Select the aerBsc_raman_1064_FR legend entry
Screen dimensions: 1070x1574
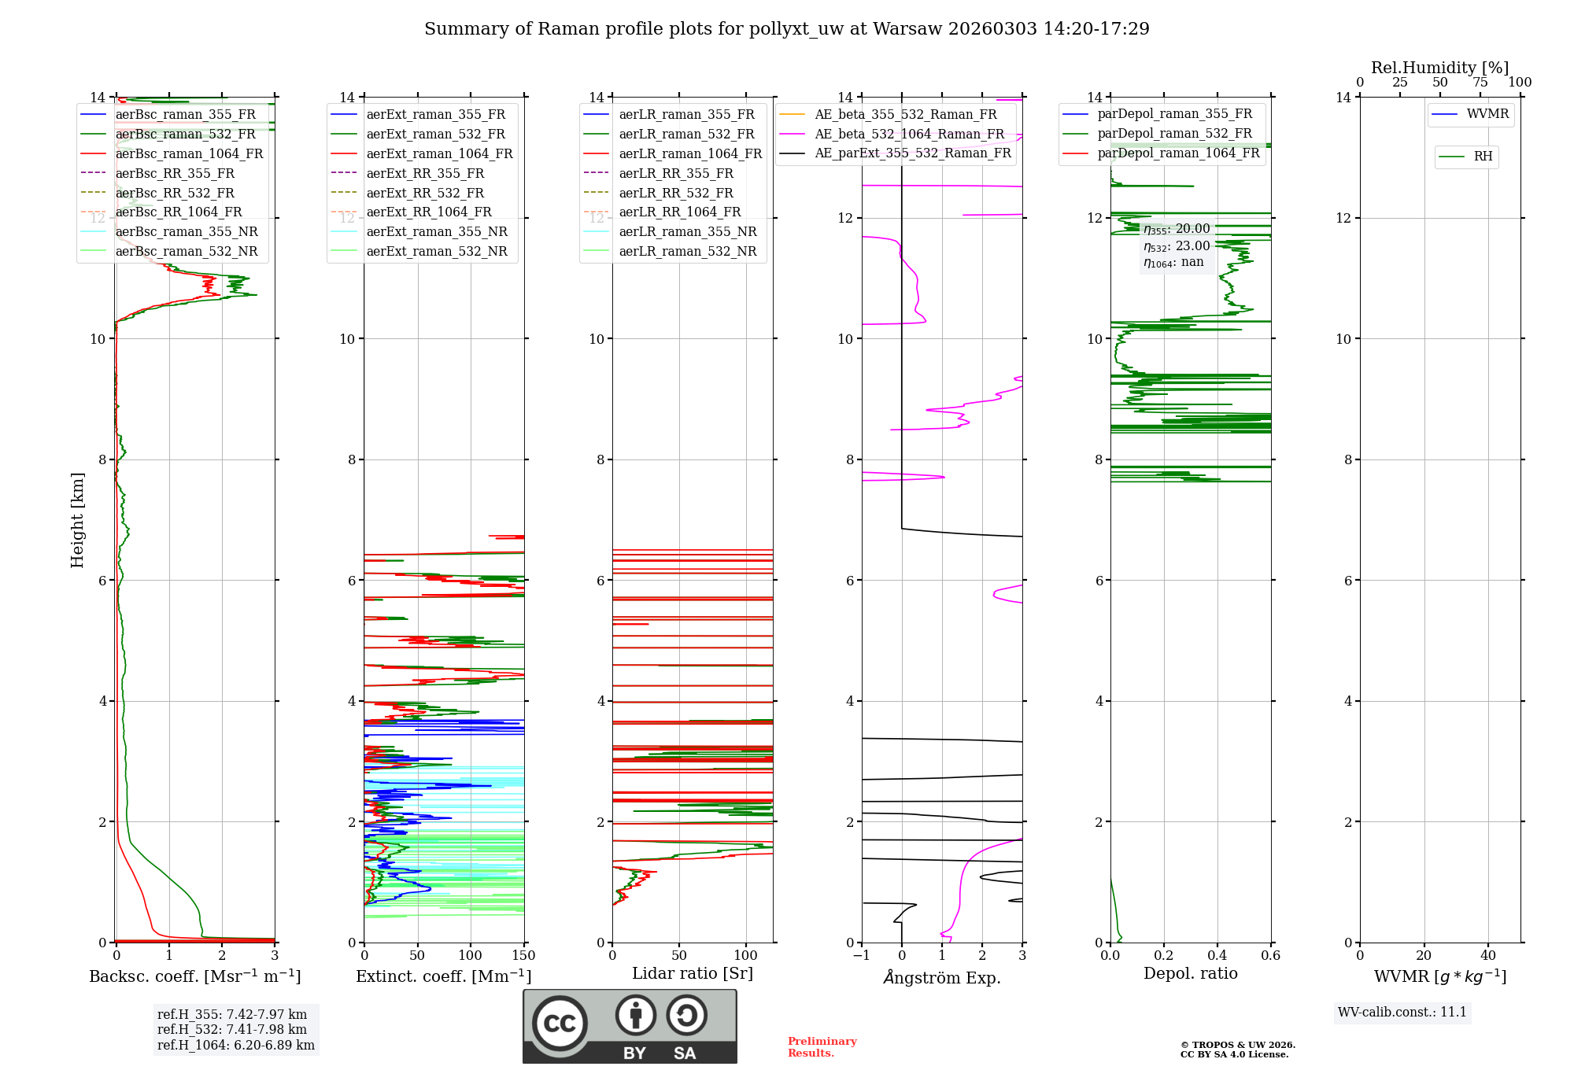(x=189, y=153)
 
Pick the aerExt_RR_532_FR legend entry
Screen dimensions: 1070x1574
(x=425, y=193)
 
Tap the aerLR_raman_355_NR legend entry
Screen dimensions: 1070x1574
(x=687, y=231)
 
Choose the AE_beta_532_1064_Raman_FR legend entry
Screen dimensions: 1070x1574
(x=909, y=134)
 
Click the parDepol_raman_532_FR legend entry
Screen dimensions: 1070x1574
(x=1174, y=133)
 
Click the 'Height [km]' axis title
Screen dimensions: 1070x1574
(x=77, y=520)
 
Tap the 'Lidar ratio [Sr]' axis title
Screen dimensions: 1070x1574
(x=693, y=973)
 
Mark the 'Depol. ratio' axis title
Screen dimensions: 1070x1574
(x=1190, y=973)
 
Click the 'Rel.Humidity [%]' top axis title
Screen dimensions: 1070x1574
(x=1439, y=68)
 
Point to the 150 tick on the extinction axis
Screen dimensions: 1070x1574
(x=523, y=956)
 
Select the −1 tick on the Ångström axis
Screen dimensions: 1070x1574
(x=861, y=956)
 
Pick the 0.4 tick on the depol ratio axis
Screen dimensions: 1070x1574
(x=1217, y=956)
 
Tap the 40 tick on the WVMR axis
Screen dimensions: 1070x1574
(x=1487, y=956)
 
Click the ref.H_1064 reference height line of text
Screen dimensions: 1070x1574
(x=236, y=1045)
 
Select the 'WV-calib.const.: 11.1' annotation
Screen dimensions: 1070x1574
(x=1402, y=1012)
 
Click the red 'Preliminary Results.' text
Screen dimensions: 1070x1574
(x=822, y=1047)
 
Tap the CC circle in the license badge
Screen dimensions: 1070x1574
(x=560, y=1024)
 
